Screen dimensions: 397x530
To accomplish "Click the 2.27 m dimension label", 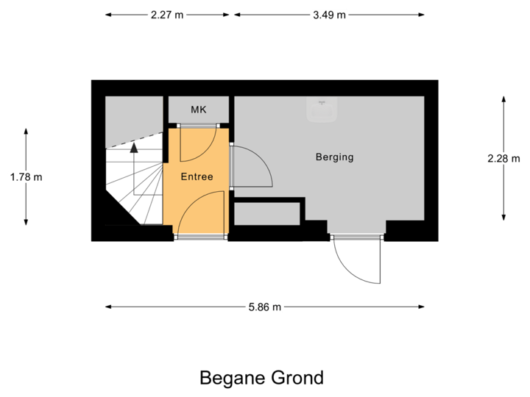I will [x=166, y=15].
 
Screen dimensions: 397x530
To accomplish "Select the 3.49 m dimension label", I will [x=328, y=15].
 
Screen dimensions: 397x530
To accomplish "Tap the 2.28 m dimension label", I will [x=504, y=158].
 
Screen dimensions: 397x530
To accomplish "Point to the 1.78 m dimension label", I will [x=26, y=176].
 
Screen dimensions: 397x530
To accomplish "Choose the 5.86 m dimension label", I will [x=264, y=307].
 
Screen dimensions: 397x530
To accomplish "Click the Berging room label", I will [x=334, y=157].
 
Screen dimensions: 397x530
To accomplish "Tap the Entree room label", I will [x=197, y=176].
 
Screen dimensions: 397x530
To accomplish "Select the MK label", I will [x=198, y=110].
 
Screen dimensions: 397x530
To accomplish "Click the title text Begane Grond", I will [x=261, y=378].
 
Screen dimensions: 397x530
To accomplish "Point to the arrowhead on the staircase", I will [x=134, y=146].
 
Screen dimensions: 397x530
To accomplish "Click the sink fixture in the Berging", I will [x=322, y=110].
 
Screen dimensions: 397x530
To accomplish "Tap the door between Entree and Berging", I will [x=250, y=168].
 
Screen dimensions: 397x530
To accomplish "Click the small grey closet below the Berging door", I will [x=266, y=213].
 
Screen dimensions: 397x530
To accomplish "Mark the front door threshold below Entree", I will [x=201, y=237].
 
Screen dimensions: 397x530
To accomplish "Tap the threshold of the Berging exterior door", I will [x=357, y=237].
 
